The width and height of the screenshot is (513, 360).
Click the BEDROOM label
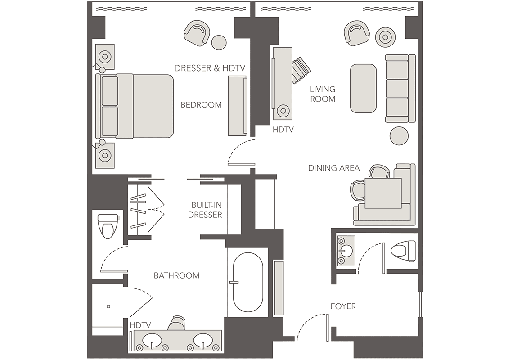(x=201, y=105)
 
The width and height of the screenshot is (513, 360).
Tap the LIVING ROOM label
(x=323, y=94)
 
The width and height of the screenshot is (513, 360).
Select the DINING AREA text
(x=334, y=168)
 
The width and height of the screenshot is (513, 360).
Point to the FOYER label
(x=343, y=306)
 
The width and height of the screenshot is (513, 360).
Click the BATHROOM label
(x=177, y=275)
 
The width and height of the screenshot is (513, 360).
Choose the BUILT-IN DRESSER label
(x=205, y=210)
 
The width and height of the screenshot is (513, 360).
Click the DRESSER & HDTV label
(x=210, y=68)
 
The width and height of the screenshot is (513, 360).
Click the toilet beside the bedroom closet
(x=108, y=226)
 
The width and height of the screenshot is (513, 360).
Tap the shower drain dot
(x=108, y=306)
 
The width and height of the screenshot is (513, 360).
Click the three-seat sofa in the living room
(x=400, y=89)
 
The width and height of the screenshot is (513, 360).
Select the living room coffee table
(x=363, y=88)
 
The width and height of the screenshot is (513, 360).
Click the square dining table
(x=383, y=193)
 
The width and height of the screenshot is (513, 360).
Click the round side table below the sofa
(x=399, y=136)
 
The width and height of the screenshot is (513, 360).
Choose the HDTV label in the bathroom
(x=140, y=325)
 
